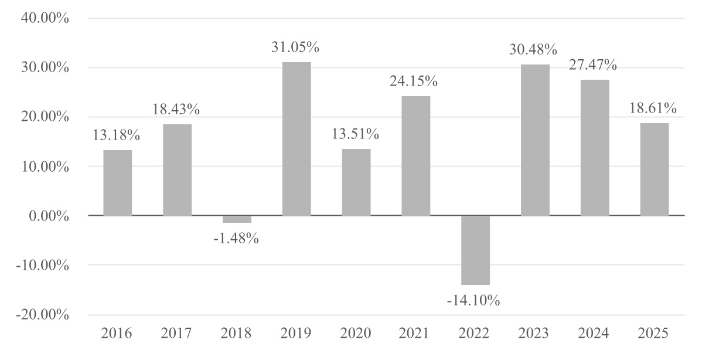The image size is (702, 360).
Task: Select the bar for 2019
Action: click(297, 139)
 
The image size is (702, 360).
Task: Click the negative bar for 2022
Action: click(475, 250)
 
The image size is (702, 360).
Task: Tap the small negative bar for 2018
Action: click(237, 219)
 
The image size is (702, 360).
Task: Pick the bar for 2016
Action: click(118, 183)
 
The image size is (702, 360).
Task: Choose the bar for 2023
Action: click(535, 140)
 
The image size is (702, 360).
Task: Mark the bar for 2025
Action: click(655, 169)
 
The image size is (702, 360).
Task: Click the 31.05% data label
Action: click(295, 47)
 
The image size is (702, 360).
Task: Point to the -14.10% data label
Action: click(473, 300)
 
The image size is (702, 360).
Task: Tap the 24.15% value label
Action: click(414, 81)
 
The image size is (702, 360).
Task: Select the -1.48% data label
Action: click(236, 238)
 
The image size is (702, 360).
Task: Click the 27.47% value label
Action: click(593, 65)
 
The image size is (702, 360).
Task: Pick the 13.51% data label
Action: click(355, 134)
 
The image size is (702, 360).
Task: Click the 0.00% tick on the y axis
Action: click(49, 216)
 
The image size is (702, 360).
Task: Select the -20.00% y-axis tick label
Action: click(43, 314)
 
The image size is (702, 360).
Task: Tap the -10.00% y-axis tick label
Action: click(43, 265)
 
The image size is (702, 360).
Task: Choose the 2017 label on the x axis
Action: click(176, 333)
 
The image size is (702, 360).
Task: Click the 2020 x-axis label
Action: click(356, 333)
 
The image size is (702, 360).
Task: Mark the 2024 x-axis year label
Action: click(593, 333)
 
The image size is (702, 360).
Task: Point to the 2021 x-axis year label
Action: click(414, 333)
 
